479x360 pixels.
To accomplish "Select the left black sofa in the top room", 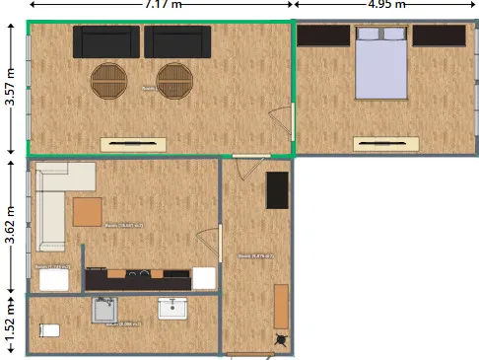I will click(106, 42).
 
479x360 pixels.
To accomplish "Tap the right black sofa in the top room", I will click(177, 42).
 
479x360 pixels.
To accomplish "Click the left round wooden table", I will click(109, 79).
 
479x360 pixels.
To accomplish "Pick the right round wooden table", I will click(174, 79).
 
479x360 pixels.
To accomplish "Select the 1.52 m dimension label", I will click(10, 326).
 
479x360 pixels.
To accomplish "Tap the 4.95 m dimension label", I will click(385, 4).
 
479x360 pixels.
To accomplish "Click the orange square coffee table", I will click(88, 211).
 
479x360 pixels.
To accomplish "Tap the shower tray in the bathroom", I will click(106, 311).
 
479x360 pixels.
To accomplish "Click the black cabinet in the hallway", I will click(277, 190).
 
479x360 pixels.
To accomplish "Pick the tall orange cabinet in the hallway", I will click(282, 307).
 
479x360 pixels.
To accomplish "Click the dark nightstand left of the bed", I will click(323, 36).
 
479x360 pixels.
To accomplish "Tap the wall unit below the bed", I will click(385, 144).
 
